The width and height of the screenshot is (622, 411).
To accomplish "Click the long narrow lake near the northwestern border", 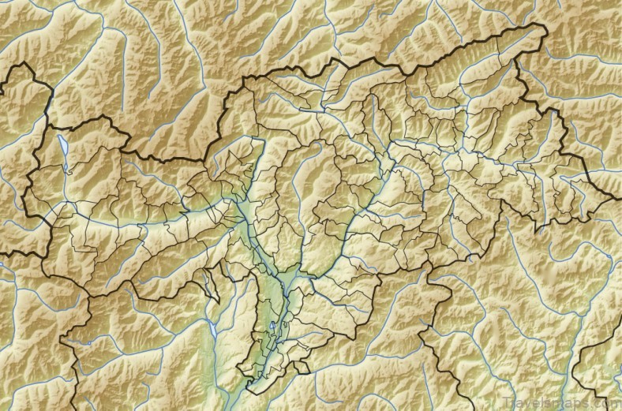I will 62,147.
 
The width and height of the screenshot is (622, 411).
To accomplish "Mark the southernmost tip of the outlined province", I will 251,388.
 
